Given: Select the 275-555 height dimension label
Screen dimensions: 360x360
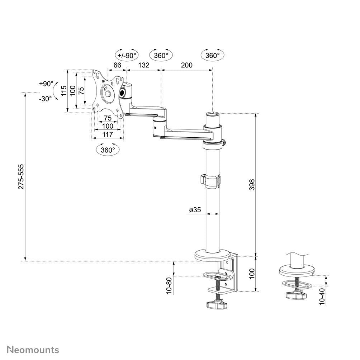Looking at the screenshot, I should [21, 177].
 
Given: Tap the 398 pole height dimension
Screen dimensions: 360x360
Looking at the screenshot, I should [252, 184].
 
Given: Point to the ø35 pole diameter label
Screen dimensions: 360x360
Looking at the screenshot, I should [195, 210].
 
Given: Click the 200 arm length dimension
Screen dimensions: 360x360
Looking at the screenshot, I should [186, 65].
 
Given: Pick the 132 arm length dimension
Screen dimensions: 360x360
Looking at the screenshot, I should [143, 65].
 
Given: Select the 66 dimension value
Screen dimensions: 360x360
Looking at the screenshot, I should [117, 65].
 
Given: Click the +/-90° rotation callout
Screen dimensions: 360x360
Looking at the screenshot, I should [127, 55].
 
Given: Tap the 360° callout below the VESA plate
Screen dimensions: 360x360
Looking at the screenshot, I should [108, 150].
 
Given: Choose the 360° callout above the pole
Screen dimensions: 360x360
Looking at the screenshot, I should [212, 55].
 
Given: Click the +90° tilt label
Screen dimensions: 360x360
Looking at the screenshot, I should [46, 84].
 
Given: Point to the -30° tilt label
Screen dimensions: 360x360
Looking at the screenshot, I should [46, 99].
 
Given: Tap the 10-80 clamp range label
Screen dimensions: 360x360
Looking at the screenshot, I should [170, 285].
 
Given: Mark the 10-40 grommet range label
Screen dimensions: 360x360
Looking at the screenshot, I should [322, 297].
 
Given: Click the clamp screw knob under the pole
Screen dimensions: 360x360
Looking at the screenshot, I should [217, 305].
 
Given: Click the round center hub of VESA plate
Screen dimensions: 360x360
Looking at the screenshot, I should [108, 93].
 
